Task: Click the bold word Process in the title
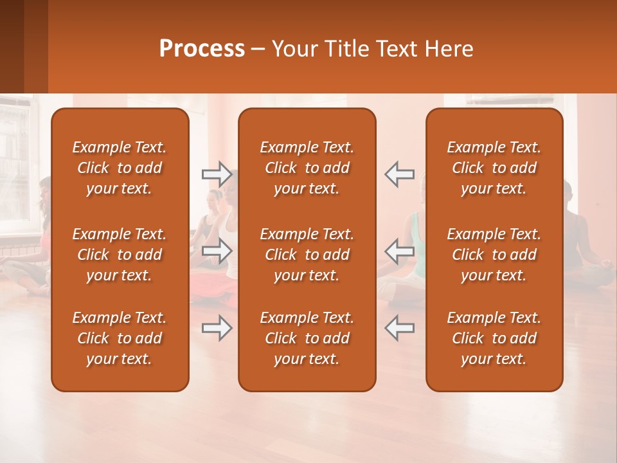pyautogui.click(x=202, y=49)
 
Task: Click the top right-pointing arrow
pyautogui.click(x=217, y=174)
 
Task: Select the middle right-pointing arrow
pyautogui.click(x=217, y=251)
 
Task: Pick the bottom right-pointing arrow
pyautogui.click(x=217, y=328)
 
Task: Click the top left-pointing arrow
pyautogui.click(x=399, y=174)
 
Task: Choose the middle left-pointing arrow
pyautogui.click(x=399, y=251)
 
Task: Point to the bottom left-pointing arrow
pyautogui.click(x=399, y=328)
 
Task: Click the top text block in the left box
pyautogui.click(x=120, y=168)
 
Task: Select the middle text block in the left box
pyautogui.click(x=120, y=255)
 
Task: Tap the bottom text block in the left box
pyautogui.click(x=120, y=338)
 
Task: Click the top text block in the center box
pyautogui.click(x=307, y=168)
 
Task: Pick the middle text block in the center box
pyautogui.click(x=307, y=255)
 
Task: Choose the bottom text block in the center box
pyautogui.click(x=307, y=338)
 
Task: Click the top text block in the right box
pyautogui.click(x=494, y=168)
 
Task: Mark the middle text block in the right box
pyautogui.click(x=494, y=255)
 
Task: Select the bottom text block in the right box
pyautogui.click(x=494, y=338)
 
